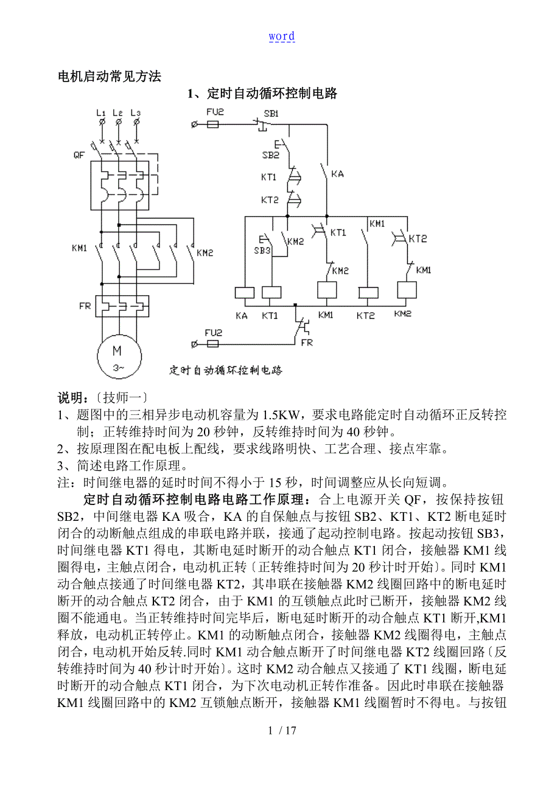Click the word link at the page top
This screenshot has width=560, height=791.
(x=282, y=37)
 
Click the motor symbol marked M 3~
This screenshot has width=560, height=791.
(x=118, y=356)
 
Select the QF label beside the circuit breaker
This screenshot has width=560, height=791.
(x=79, y=155)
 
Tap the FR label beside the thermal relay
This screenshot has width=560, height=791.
(x=85, y=306)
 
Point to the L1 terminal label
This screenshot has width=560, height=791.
(x=101, y=113)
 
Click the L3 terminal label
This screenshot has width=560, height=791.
(x=136, y=113)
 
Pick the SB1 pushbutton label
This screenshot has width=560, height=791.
(x=271, y=114)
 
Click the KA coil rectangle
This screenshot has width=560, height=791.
(x=244, y=293)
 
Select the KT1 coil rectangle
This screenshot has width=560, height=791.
(x=270, y=293)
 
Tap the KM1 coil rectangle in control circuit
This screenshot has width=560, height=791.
(x=327, y=290)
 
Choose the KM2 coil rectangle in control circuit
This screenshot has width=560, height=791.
(x=407, y=290)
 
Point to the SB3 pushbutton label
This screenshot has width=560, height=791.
(x=262, y=250)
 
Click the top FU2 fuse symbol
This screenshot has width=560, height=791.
(x=213, y=124)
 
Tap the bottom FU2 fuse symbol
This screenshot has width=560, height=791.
(x=213, y=344)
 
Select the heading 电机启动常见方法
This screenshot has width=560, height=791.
(x=109, y=77)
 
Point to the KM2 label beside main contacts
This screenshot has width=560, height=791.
(x=206, y=252)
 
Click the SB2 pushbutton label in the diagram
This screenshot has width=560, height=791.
(x=271, y=155)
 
